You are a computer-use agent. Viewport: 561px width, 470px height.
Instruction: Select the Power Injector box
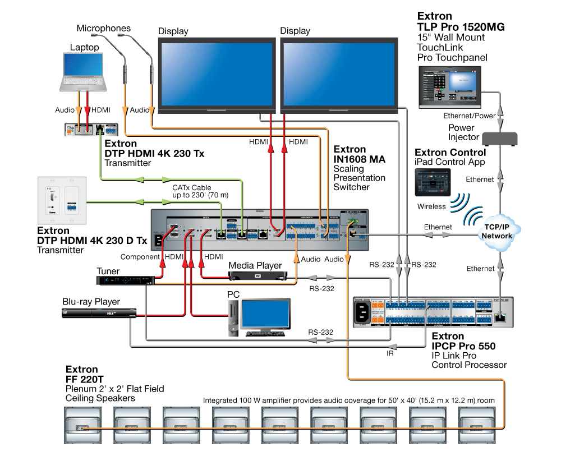coord(499,138)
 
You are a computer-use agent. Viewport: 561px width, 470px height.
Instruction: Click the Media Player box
coord(257,275)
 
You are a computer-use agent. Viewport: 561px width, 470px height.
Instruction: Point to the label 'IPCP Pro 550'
coord(463,347)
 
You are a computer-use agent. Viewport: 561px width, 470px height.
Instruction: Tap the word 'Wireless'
coord(431,206)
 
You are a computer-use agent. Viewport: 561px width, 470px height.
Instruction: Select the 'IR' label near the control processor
coord(390,354)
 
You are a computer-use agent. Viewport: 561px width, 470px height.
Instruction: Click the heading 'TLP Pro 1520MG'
coord(461,27)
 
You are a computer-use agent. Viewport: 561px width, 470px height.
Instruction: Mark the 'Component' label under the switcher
coord(140,256)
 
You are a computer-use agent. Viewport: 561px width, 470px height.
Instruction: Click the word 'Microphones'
coord(104,28)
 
